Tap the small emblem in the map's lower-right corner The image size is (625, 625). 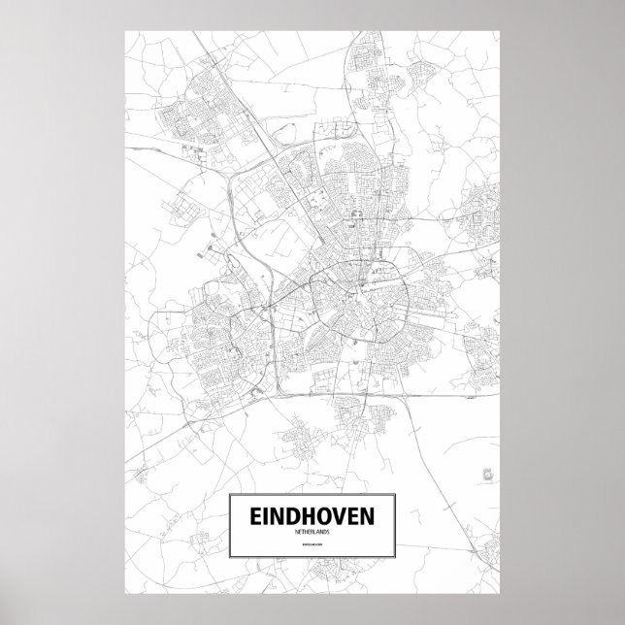(x=485, y=475)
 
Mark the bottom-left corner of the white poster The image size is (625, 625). (x=125, y=593)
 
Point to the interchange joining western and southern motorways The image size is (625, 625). (x=254, y=388)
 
